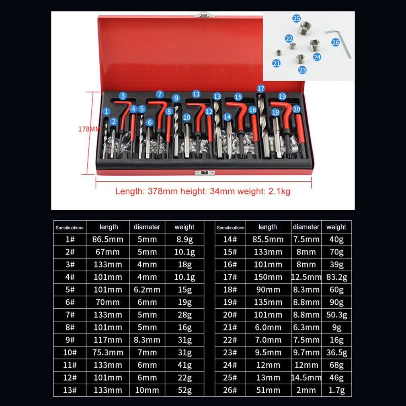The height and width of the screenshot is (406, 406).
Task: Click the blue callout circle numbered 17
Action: coord(261,88)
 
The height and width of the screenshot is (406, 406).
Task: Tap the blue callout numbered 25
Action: coord(296,18)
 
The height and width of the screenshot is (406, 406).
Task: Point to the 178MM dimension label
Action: coord(89,129)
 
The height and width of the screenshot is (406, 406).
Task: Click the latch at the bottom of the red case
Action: coord(204,173)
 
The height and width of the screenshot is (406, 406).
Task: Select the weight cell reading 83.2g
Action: coord(336,277)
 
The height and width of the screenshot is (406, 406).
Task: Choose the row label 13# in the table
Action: coord(70,390)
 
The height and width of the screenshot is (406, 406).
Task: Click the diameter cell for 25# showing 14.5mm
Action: coord(306,377)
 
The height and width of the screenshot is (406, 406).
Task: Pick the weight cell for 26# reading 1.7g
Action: coord(336,390)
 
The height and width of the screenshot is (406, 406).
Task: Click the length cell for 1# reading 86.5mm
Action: coord(108,239)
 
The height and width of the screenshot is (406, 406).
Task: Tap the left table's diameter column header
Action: coord(147,227)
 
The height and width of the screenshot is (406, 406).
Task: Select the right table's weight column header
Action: coord(336,227)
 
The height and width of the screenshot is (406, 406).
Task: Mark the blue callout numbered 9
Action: coord(176,98)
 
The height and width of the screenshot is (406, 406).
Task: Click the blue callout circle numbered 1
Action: coord(107,111)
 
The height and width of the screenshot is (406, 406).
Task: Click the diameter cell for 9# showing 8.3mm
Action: coord(147,340)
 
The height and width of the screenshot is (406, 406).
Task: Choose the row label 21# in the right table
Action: coord(230,327)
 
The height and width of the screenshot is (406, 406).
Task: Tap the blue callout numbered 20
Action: coord(297,109)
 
